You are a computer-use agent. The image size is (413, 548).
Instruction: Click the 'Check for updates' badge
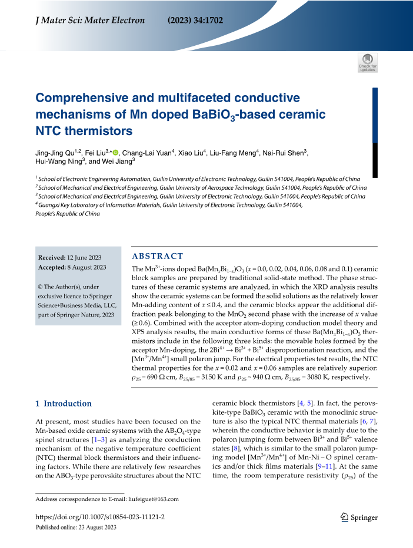tap(368, 63)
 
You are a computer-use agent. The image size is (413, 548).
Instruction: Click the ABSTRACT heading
tap(157, 256)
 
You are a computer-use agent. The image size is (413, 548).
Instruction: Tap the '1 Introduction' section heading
tap(64, 404)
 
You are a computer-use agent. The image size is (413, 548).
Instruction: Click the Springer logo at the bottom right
tap(358, 517)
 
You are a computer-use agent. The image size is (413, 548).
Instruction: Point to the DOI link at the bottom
tap(100, 517)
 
